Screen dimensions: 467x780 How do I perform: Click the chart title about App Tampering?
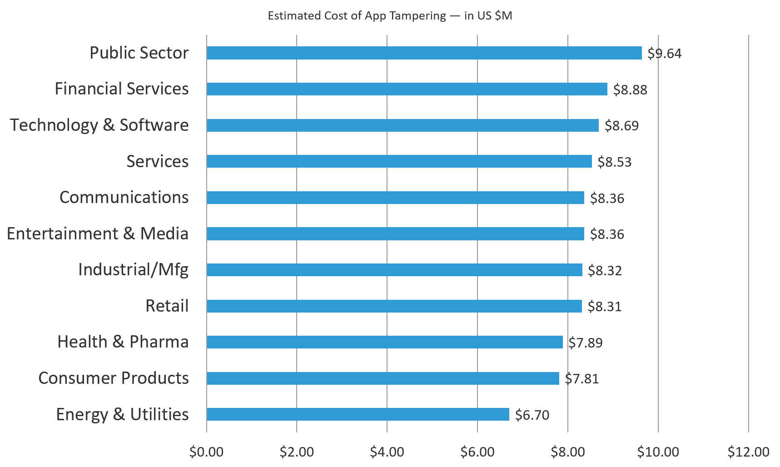pyautogui.click(x=389, y=16)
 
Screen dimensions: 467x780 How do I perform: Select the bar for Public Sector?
pyautogui.click(x=424, y=53)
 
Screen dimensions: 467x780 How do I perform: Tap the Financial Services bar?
pyautogui.click(x=407, y=89)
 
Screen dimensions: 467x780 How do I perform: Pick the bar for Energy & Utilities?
pyautogui.click(x=358, y=414)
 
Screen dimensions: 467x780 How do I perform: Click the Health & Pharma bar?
pyautogui.click(x=384, y=342)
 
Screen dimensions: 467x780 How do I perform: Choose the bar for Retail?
pyautogui.click(x=394, y=306)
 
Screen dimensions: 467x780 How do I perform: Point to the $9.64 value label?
pyautogui.click(x=664, y=54)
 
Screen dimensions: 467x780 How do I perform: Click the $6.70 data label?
pyautogui.click(x=532, y=415)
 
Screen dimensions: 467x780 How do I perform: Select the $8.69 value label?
pyautogui.click(x=621, y=125)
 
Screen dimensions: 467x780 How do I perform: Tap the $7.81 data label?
pyautogui.click(x=581, y=378)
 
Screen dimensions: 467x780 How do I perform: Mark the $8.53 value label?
pyautogui.click(x=614, y=162)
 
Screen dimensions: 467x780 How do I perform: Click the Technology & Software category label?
pyautogui.click(x=99, y=125)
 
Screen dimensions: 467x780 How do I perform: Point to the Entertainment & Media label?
pyautogui.click(x=97, y=233)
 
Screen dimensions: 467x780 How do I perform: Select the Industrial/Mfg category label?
pyautogui.click(x=133, y=270)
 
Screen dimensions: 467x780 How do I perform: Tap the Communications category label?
pyautogui.click(x=124, y=197)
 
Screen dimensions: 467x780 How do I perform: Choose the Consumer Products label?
pyautogui.click(x=113, y=378)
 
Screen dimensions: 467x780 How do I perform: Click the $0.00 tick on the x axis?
pyautogui.click(x=206, y=452)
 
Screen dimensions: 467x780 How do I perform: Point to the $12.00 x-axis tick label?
pyautogui.click(x=748, y=452)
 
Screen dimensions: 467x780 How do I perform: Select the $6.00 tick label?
pyautogui.click(x=477, y=452)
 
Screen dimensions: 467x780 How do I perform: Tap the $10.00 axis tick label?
pyautogui.click(x=658, y=452)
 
